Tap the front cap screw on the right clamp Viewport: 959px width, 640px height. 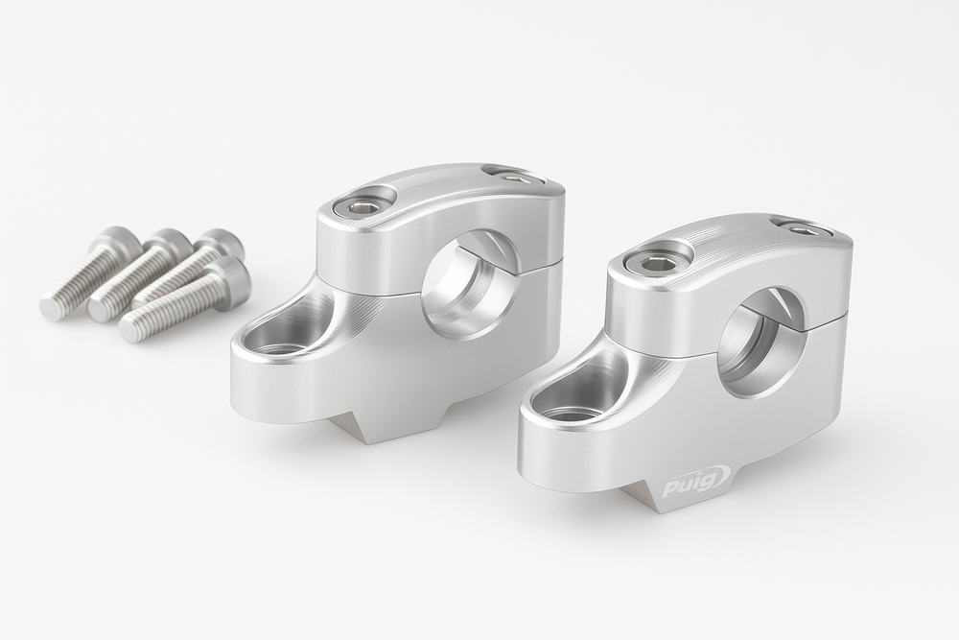[661, 260]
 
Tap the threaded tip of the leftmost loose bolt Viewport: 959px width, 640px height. [54, 307]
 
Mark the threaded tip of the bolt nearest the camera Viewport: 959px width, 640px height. [132, 329]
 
